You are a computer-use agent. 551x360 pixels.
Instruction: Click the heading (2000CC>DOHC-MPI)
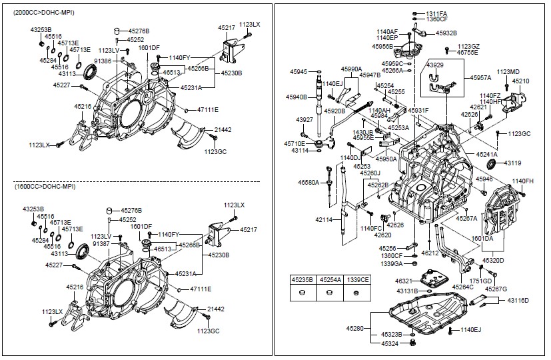tap(43, 13)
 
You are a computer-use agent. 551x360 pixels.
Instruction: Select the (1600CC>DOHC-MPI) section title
tap(45, 186)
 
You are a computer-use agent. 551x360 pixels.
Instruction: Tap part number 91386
tap(103, 61)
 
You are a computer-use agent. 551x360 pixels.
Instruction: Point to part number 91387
tap(101, 243)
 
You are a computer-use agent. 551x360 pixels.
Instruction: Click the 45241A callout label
tap(486, 155)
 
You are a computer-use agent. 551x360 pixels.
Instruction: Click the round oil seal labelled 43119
tap(491, 164)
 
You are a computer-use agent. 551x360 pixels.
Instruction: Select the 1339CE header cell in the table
tap(358, 280)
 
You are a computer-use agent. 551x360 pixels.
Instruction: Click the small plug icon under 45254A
tap(329, 292)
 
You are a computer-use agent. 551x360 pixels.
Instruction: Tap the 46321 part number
tap(403, 281)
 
